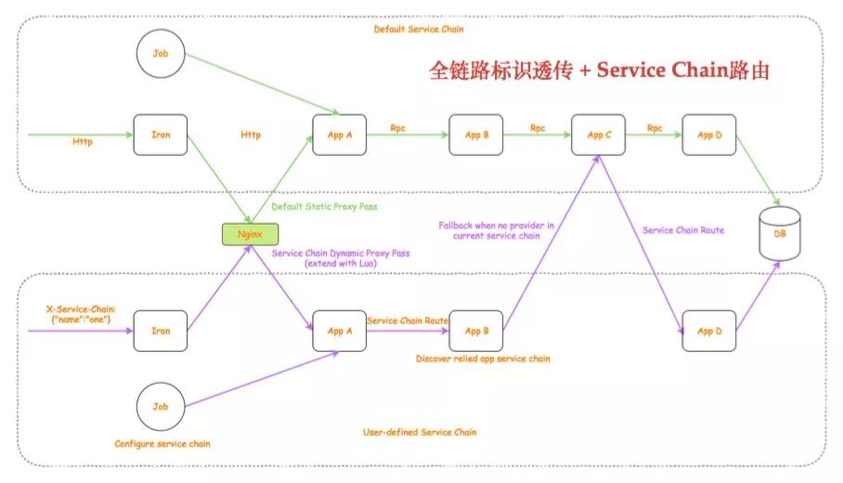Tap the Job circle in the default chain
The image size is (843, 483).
(161, 54)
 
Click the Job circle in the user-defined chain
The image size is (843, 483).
(161, 406)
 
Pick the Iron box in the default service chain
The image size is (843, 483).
(161, 135)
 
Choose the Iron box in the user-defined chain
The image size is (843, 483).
(161, 331)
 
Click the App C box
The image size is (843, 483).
(599, 135)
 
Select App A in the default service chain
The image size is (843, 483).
(340, 135)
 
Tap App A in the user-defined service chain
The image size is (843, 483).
(340, 331)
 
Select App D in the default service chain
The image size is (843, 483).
(709, 135)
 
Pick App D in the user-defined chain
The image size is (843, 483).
(709, 331)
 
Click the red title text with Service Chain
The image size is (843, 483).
(599, 71)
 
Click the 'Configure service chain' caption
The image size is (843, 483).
(162, 444)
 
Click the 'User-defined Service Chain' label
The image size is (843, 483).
(420, 432)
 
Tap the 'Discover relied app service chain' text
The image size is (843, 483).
(483, 359)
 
